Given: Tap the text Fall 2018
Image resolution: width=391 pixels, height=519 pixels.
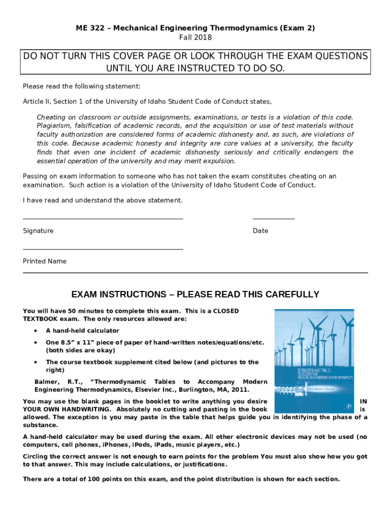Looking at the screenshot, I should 195,38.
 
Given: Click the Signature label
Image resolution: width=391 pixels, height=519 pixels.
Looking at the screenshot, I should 38,231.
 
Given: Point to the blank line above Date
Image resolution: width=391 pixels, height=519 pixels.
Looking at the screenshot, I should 274,219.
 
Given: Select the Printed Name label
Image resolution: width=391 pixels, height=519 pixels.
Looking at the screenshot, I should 45,262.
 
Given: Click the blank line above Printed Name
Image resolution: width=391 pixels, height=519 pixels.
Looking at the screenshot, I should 103,249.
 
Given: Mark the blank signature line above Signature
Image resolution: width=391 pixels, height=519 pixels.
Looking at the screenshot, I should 103,219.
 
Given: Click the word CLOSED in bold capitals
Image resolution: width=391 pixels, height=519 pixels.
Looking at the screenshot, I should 226,311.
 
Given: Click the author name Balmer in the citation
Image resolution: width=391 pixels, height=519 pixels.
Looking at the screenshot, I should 45,382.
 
